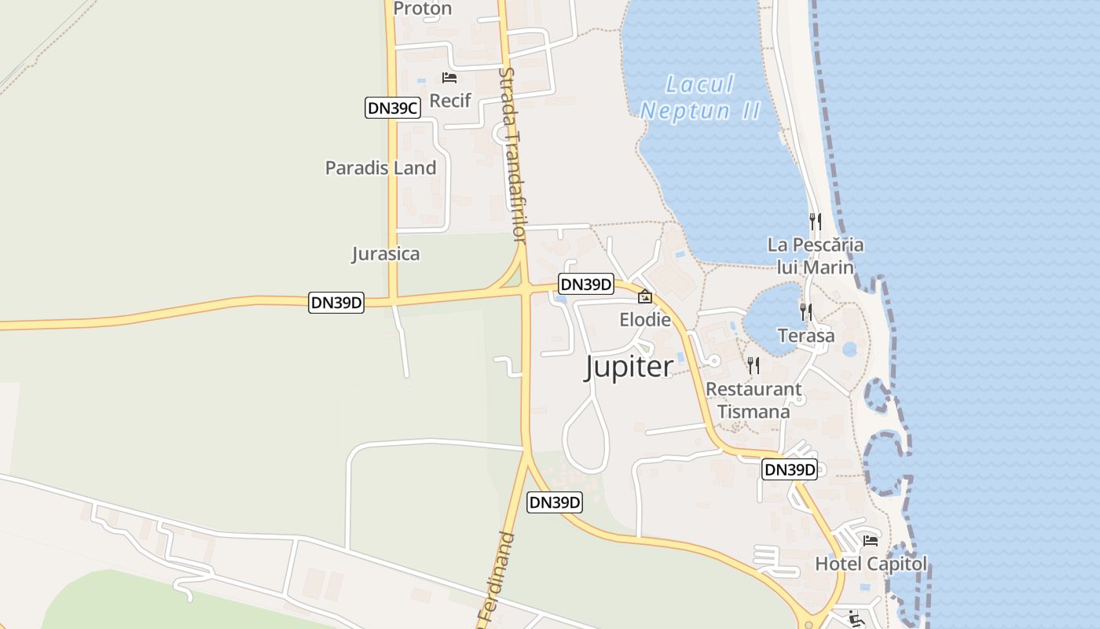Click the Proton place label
click(422, 9)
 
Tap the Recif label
click(450, 101)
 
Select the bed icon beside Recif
click(449, 77)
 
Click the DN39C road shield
click(392, 109)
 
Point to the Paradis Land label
click(380, 167)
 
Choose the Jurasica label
click(385, 254)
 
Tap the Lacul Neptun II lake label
click(700, 97)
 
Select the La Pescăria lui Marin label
click(816, 256)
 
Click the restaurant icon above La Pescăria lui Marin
click(816, 221)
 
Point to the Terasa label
click(806, 336)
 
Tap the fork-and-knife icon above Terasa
click(805, 311)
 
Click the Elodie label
click(645, 319)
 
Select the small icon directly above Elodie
click(645, 296)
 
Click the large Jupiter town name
click(629, 366)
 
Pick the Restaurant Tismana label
click(753, 400)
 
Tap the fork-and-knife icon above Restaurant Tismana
click(753, 365)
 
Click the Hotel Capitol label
click(871, 564)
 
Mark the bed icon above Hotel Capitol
click(871, 540)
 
